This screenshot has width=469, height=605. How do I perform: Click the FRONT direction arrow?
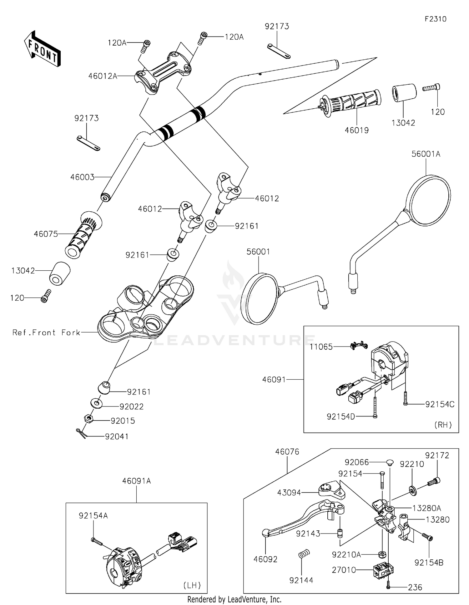[42, 49]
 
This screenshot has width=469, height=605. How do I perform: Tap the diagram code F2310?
[436, 19]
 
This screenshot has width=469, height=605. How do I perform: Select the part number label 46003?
[82, 177]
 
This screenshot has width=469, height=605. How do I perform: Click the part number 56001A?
[426, 154]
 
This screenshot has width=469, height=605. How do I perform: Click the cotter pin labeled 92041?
[81, 433]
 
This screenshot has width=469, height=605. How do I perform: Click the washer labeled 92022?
[97, 403]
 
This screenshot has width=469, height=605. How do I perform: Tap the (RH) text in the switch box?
[443, 425]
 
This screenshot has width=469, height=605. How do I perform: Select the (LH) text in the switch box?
[192, 585]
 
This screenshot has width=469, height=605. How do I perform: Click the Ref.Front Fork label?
[46, 332]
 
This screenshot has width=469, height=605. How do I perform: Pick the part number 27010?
[344, 570]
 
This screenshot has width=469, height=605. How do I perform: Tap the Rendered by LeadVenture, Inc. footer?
[234, 599]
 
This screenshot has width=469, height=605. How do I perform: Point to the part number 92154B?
[429, 563]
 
